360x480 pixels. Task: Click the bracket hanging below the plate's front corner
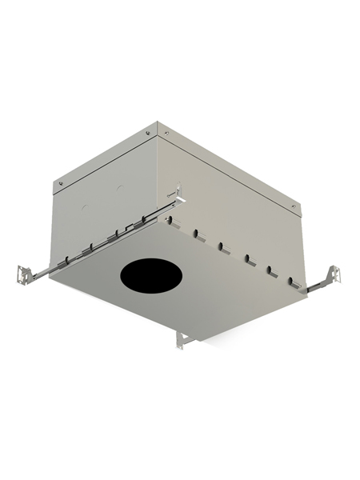(182, 339)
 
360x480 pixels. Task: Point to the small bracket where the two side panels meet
(176, 194)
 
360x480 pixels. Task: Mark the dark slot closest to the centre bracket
(195, 233)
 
